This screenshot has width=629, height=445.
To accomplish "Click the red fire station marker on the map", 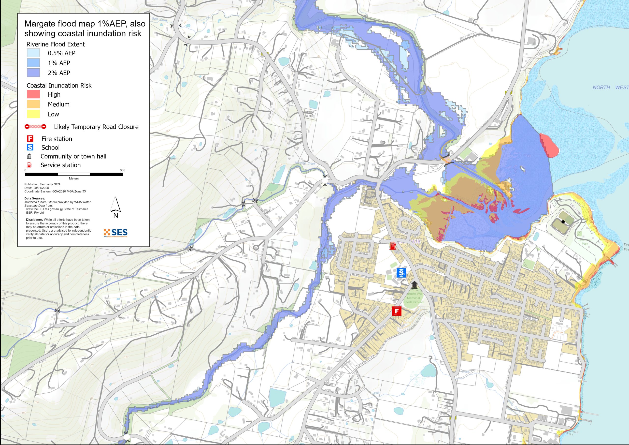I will point(396,311).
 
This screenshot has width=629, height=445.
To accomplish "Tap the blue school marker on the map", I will point(401,273).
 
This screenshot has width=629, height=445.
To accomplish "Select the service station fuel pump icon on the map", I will point(393,245).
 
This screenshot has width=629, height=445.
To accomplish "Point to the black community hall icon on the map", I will point(414,285).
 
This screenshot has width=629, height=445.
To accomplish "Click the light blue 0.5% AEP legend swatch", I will point(33,53).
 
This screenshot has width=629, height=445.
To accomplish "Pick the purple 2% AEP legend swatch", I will point(33,73).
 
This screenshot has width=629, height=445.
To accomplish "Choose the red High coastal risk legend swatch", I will point(33,94).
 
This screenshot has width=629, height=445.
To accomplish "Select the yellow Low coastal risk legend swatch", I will point(33,114).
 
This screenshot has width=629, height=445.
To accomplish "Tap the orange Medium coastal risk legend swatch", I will point(33,104).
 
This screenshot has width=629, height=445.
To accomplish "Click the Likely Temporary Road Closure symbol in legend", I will point(35,127).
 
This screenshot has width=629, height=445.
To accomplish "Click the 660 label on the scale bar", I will point(122,170).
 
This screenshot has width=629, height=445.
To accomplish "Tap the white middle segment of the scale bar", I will point(74,174).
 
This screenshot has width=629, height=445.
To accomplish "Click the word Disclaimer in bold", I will point(34,220).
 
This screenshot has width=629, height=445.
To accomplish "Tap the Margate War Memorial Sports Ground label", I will point(414,298).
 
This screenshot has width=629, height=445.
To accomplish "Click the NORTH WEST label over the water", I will point(610,88).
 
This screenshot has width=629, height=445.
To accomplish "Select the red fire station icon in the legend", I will point(30,139).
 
